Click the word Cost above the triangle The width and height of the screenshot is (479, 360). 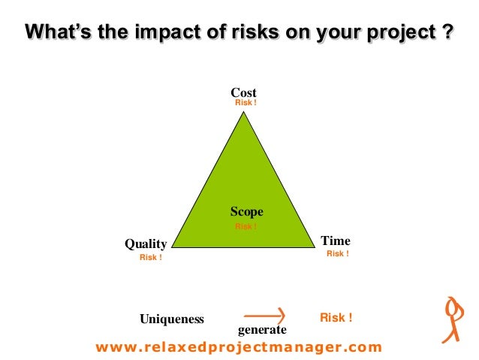243,93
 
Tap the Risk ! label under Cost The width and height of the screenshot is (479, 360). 246,103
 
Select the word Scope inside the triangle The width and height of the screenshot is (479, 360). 246,213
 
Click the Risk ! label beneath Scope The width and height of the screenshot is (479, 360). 246,226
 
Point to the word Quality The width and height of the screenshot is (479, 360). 146,244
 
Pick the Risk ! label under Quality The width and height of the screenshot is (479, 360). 150,258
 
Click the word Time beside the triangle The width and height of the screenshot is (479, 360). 335,241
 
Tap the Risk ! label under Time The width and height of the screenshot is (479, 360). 337,254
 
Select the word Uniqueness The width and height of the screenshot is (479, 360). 172,319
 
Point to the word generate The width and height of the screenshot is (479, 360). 262,330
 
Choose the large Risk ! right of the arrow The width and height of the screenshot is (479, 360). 336,318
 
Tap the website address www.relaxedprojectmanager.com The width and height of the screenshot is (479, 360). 239,347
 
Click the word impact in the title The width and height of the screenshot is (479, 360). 167,33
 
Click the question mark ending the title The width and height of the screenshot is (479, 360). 447,33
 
